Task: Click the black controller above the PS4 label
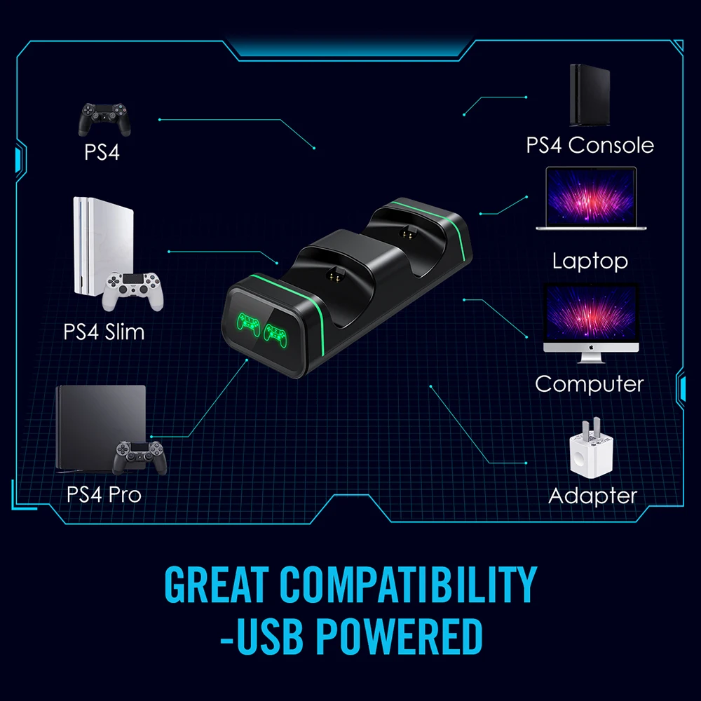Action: (x=104, y=119)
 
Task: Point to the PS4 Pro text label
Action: (x=104, y=494)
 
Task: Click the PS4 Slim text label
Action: (x=104, y=331)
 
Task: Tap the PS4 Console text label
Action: (x=590, y=146)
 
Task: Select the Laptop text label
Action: (x=590, y=261)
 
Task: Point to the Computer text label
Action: (x=589, y=384)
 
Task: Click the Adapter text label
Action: (x=592, y=496)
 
